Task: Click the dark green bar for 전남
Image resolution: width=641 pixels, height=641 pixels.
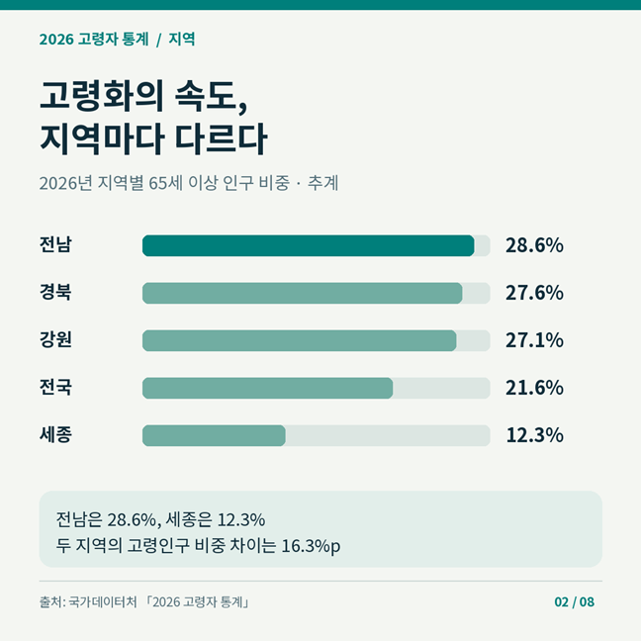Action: coord(309,245)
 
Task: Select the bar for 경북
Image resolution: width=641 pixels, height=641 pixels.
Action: coord(303,293)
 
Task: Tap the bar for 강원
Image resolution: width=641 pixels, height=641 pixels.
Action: coord(300,340)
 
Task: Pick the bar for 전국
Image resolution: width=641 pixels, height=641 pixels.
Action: coord(268,388)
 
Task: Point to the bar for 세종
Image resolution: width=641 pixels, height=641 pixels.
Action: coord(214,435)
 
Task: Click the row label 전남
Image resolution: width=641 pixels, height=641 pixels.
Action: coord(55,244)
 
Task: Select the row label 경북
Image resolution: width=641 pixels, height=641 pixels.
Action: coord(55,292)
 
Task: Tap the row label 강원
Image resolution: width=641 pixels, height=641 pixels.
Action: coord(55,339)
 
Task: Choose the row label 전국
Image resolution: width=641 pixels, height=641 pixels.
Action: coord(55,387)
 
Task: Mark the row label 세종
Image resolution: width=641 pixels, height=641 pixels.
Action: coord(55,434)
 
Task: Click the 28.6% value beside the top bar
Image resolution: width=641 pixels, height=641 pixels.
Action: coord(534,245)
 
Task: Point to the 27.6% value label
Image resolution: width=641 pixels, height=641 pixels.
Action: coord(534,293)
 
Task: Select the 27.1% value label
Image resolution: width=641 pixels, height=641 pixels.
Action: coord(534,340)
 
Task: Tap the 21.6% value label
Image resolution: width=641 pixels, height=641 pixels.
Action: coord(534,388)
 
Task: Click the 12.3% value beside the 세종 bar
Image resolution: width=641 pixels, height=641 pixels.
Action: coord(534,435)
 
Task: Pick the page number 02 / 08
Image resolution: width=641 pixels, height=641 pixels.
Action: coord(575,601)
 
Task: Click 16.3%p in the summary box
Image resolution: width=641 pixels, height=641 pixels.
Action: coord(311,546)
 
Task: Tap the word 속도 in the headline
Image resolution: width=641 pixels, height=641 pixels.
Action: coord(211,96)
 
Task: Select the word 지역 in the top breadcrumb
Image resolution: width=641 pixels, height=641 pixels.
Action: coord(181,40)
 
